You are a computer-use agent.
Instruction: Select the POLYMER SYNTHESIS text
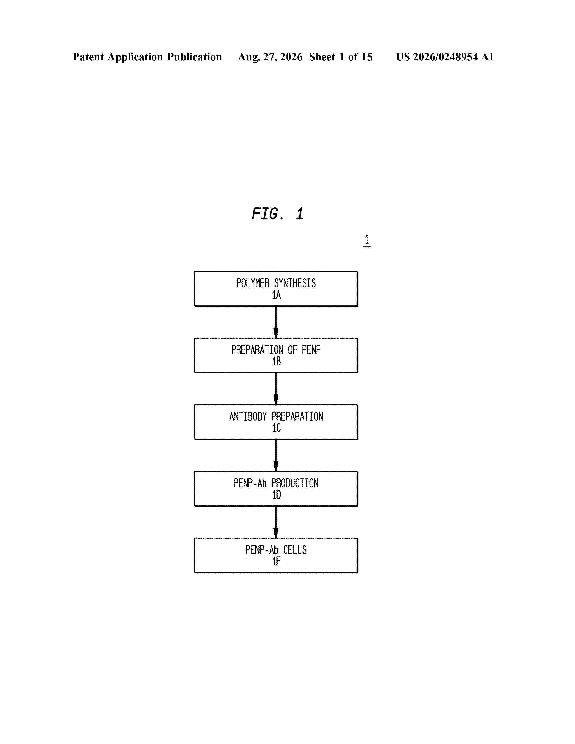point(276,283)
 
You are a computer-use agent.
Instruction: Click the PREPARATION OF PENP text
point(276,350)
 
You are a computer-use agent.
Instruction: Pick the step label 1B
point(276,361)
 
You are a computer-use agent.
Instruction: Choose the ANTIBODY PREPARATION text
point(276,416)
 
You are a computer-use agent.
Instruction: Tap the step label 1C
point(276,428)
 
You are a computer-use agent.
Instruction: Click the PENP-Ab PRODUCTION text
point(276,483)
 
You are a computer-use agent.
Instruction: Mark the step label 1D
point(276,495)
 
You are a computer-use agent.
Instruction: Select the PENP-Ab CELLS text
point(276,550)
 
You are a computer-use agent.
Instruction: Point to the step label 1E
point(276,561)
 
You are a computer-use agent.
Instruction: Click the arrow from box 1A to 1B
point(276,322)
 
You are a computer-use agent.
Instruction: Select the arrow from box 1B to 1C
point(276,389)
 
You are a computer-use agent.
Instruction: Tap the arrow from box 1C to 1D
point(276,455)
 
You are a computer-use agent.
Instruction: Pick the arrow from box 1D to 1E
point(276,522)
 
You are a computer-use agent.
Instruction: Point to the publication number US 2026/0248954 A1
point(445,57)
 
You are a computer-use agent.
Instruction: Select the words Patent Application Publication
point(147,57)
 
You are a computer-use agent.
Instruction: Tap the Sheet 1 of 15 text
point(341,57)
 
